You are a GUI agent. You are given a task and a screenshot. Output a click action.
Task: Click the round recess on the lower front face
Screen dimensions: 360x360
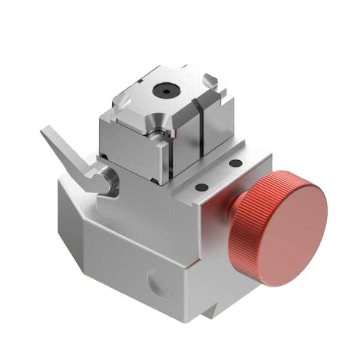(157, 283)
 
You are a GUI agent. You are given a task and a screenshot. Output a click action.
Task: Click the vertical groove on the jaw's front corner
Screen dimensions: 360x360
(170, 156)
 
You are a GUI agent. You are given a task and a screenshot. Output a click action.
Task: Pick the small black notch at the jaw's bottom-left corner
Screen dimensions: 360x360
(103, 157)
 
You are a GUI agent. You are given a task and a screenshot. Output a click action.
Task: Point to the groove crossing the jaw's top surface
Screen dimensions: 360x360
(192, 108)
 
